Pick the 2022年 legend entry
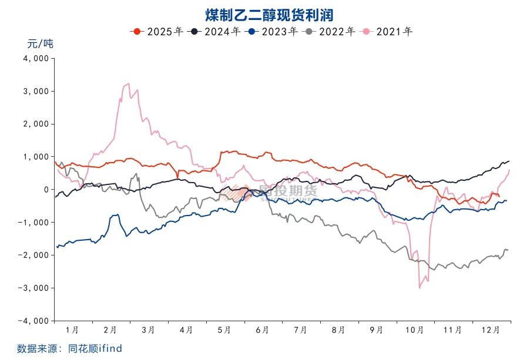point(328,31)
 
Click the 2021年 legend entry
point(386,31)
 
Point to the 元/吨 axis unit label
point(40,43)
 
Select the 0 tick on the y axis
point(45,190)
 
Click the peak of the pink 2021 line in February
point(128,84)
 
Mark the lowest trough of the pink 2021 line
point(420,287)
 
